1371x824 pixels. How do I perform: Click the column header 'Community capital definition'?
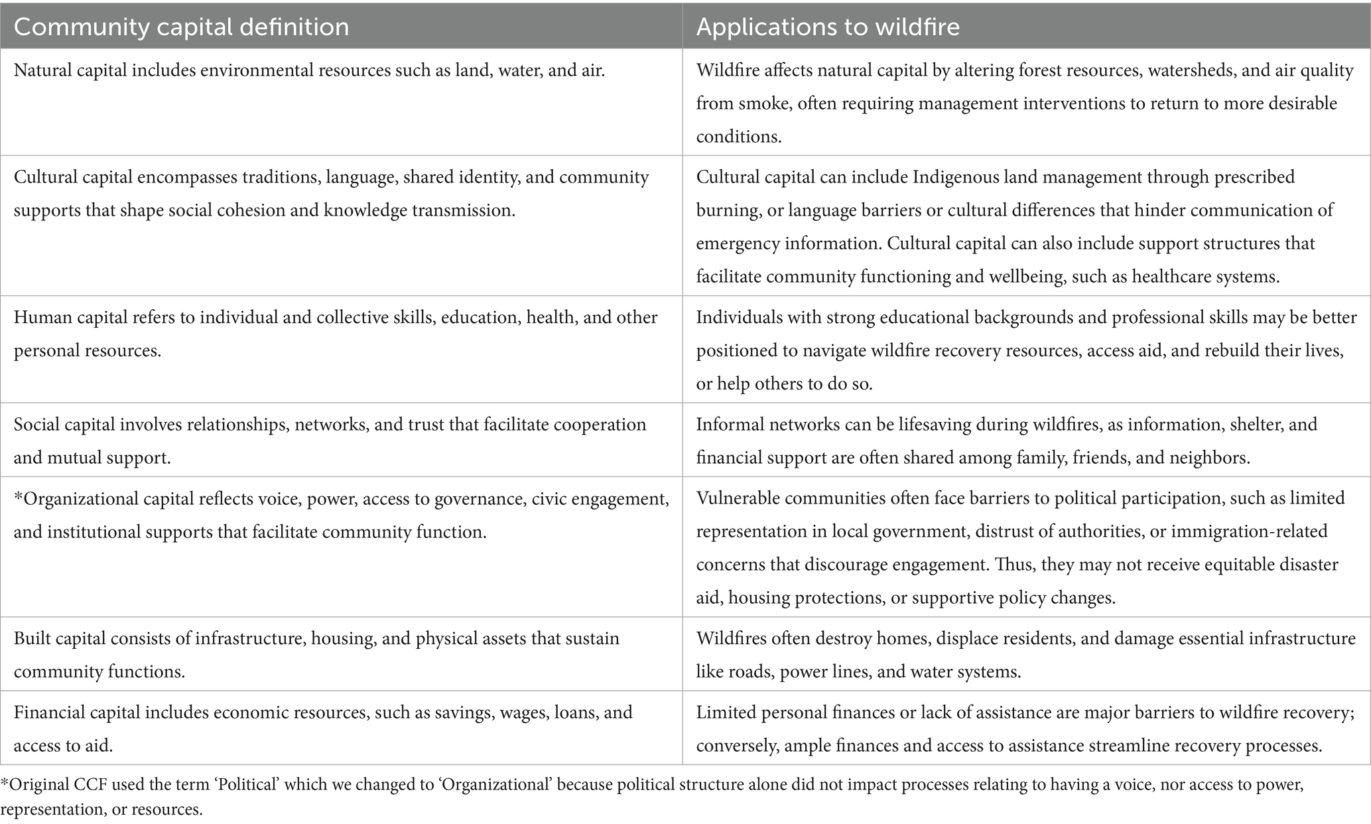click(x=181, y=27)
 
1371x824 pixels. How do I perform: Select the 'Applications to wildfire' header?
click(x=828, y=27)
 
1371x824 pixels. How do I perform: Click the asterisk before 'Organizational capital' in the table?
click(x=17, y=496)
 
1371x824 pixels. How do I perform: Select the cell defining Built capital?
click(x=341, y=654)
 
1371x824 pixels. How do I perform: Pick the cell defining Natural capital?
click(x=341, y=102)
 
